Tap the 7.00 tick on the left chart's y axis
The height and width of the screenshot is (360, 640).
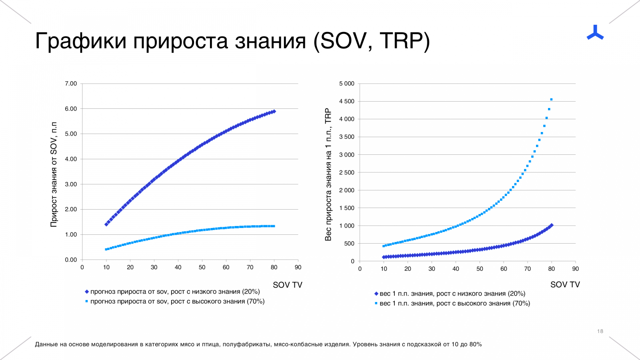71,84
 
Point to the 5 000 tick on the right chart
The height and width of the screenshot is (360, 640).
347,84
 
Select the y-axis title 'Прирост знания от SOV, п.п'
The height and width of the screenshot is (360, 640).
54,174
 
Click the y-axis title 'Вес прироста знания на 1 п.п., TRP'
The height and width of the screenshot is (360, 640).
328,174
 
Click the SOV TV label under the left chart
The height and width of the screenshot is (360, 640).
287,285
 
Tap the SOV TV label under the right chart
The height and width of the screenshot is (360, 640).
565,284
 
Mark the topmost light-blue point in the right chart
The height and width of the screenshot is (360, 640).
551,99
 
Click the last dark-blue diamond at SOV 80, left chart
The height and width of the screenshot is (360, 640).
274,112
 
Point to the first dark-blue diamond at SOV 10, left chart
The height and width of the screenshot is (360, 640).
106,224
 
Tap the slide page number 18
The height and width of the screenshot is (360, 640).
600,331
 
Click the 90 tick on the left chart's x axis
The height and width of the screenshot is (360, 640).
298,267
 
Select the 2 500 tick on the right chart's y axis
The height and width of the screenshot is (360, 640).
347,172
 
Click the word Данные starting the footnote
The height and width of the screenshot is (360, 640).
46,344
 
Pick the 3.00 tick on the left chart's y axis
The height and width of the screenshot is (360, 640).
71,184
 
